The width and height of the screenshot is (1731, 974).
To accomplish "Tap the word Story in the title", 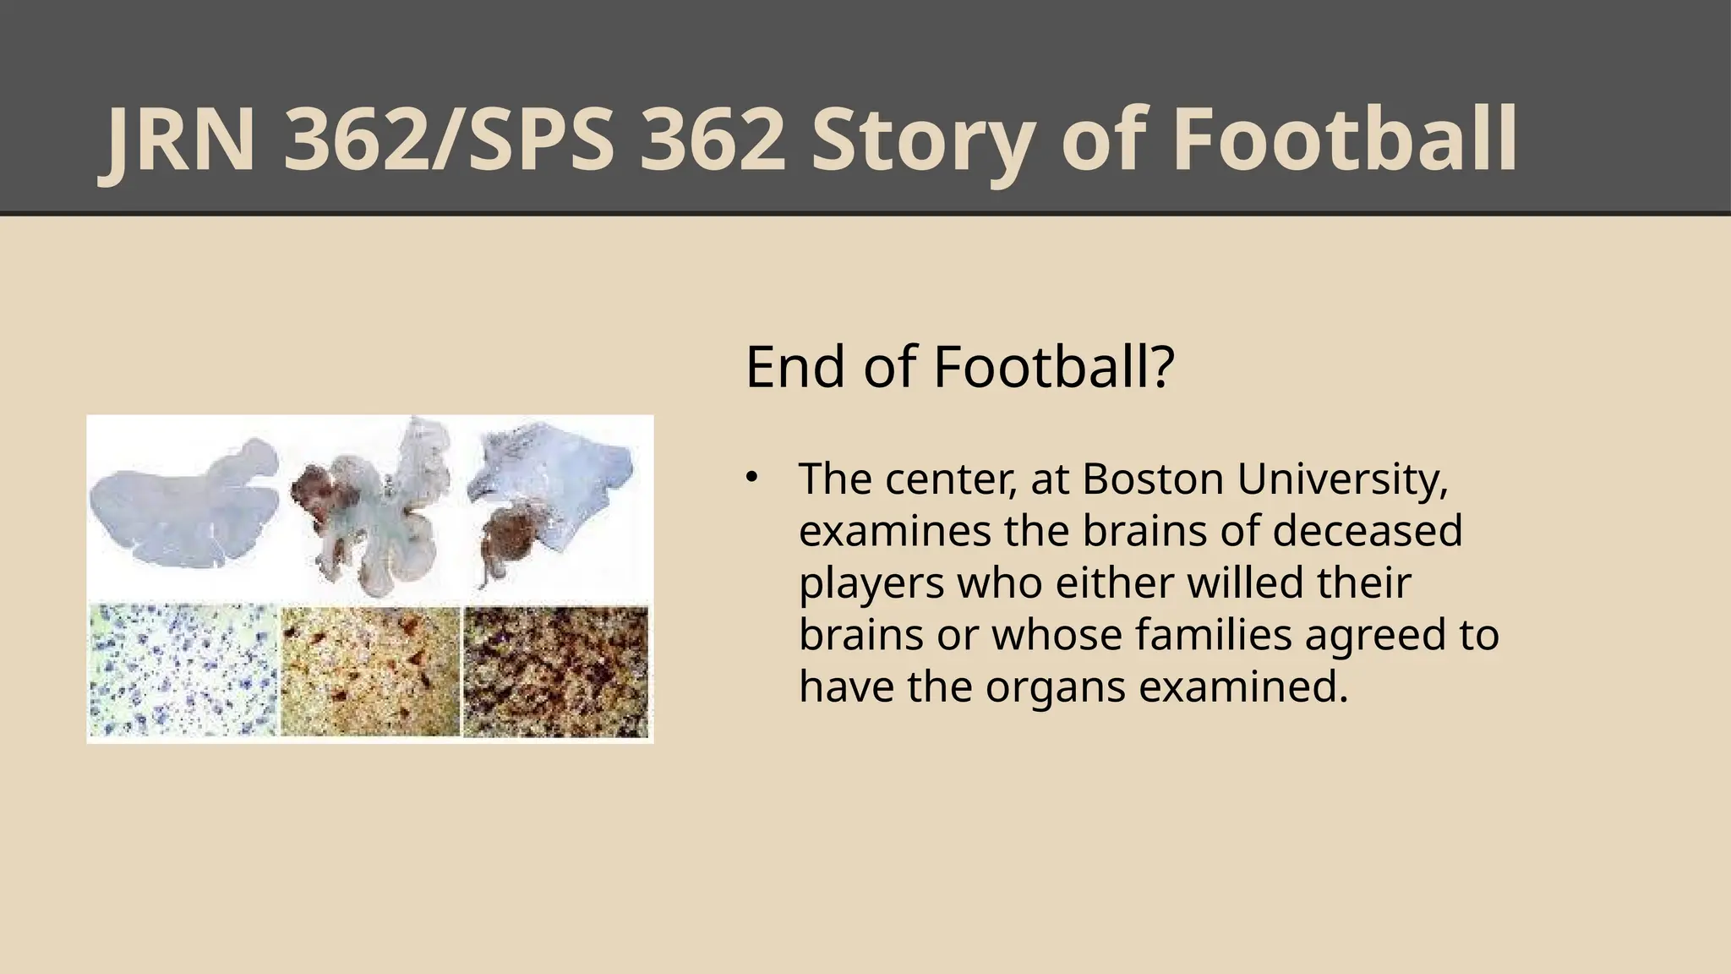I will point(922,141).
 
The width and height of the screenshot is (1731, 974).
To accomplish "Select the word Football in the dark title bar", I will point(1345,141).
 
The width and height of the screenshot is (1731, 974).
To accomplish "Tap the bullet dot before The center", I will point(750,479).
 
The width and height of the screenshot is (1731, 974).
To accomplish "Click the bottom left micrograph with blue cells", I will point(183,670).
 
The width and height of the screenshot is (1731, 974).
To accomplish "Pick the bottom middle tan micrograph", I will point(370,670).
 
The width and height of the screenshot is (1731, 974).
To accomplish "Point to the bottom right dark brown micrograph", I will point(556,670).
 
